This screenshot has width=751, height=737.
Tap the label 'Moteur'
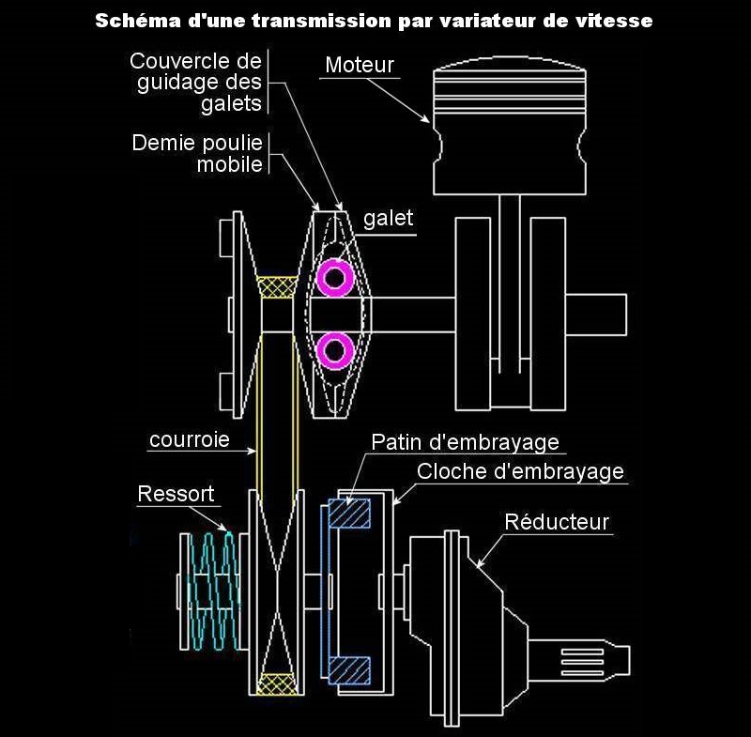[360, 65]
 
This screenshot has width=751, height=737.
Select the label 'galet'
[388, 219]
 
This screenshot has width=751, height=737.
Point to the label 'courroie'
[190, 439]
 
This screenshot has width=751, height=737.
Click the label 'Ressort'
[176, 493]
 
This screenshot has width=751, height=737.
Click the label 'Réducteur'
[557, 521]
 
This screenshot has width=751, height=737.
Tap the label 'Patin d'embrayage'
[465, 442]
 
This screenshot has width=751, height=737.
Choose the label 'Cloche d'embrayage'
[520, 471]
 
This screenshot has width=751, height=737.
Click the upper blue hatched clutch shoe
[349, 513]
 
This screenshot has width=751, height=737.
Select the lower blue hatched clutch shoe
[349, 670]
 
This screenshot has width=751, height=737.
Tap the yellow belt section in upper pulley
[277, 286]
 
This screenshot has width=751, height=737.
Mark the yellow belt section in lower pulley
[276, 683]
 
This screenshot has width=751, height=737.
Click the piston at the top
[510, 126]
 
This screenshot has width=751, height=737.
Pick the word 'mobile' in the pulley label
[229, 164]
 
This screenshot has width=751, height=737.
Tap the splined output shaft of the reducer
[578, 660]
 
